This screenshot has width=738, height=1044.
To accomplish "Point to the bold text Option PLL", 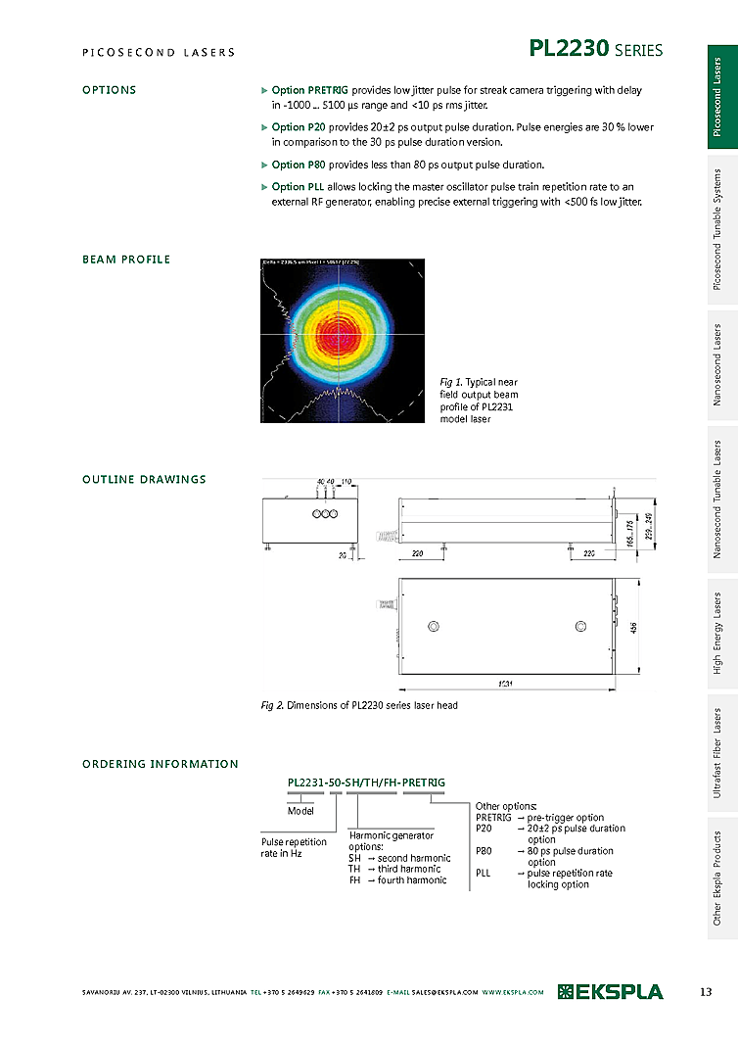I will [298, 186].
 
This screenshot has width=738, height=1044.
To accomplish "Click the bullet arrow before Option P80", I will [264, 165].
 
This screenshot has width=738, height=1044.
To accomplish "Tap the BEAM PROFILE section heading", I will [125, 260].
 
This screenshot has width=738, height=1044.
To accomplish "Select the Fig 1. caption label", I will [450, 382].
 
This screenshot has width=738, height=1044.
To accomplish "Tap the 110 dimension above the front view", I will [346, 482].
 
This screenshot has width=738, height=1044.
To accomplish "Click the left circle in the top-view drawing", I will [433, 626].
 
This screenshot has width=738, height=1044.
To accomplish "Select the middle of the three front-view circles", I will [324, 514].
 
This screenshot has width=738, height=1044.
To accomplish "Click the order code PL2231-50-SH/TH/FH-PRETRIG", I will [366, 783].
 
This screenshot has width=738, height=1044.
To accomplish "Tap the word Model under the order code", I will [300, 811].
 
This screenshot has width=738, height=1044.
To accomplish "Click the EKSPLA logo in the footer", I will [610, 992].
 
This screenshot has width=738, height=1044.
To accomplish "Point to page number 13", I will [706, 992].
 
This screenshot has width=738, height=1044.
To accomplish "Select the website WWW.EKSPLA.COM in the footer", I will [512, 993].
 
